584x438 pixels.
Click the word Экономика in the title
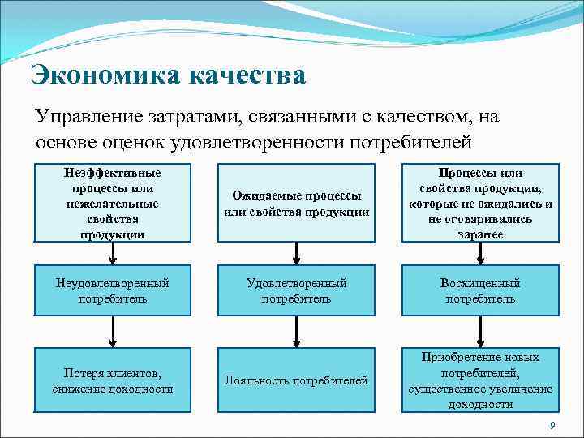click(x=105, y=75)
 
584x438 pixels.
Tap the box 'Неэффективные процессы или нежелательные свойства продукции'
click(x=113, y=203)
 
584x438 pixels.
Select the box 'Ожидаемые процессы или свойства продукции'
click(x=296, y=203)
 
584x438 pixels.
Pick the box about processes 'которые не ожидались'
click(x=480, y=203)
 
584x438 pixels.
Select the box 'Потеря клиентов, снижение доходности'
click(x=113, y=380)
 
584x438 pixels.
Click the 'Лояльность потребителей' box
click(x=296, y=380)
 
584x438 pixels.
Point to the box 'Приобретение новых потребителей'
click(x=480, y=380)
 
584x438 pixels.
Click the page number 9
click(x=552, y=426)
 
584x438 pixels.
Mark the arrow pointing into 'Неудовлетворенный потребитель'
click(x=113, y=255)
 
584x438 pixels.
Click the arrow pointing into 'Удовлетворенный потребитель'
click(x=297, y=255)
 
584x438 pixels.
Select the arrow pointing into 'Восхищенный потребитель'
click(x=480, y=255)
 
